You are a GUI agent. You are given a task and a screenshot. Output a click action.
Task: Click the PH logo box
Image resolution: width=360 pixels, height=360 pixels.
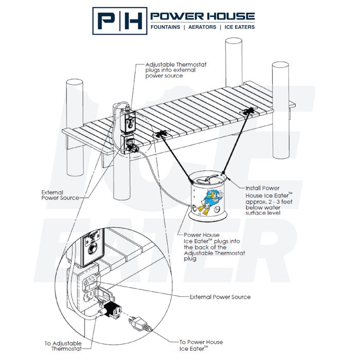click(x=119, y=21)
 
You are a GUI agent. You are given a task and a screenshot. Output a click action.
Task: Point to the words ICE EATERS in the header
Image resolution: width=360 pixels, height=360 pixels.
click(x=238, y=27)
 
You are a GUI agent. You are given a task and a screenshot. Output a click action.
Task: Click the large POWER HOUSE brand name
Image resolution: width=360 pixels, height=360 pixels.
click(x=202, y=16)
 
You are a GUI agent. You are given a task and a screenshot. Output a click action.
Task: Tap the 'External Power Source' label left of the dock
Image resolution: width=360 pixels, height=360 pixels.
click(x=61, y=195)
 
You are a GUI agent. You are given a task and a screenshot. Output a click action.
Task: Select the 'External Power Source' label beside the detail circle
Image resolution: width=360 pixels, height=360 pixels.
click(x=220, y=297)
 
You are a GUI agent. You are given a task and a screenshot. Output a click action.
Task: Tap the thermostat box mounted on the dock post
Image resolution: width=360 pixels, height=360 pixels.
click(x=128, y=122)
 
